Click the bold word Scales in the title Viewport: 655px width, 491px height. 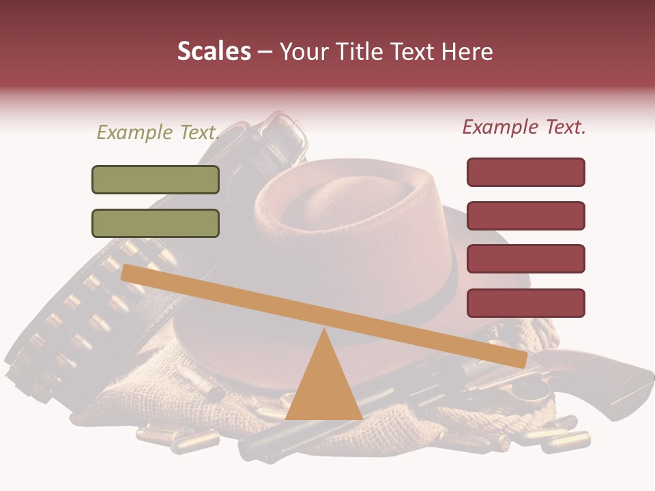coord(214,51)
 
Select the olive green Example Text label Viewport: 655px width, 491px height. coord(158,132)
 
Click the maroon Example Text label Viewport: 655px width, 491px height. coord(524,127)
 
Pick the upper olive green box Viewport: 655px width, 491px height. coord(156,180)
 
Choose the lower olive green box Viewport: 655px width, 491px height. coord(156,223)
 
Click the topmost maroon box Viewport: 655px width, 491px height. coord(525,172)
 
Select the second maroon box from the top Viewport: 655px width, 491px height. coord(525,215)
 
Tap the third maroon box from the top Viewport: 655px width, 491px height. coord(525,259)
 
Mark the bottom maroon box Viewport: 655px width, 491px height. coord(525,303)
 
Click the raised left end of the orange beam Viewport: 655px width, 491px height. coord(130,272)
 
